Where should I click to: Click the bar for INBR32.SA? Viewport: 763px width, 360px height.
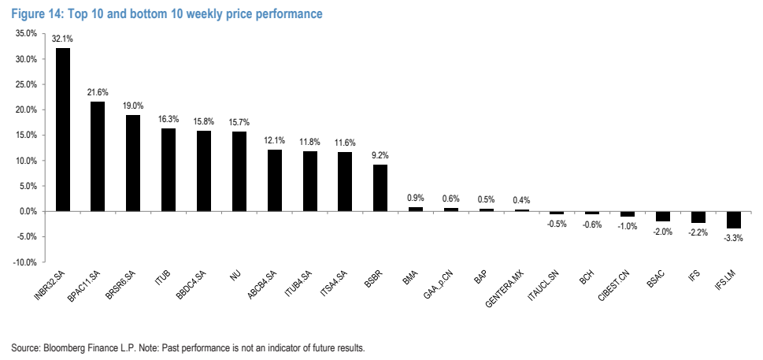(x=63, y=129)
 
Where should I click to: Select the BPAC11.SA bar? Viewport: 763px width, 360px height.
(x=98, y=156)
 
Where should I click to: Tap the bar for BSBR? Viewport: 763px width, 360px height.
(x=380, y=187)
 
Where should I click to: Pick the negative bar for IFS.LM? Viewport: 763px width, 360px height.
(x=733, y=220)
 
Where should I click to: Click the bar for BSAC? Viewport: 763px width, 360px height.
(x=663, y=217)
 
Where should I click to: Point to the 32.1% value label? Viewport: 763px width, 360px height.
(x=63, y=39)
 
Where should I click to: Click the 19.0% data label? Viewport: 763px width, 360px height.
(x=133, y=106)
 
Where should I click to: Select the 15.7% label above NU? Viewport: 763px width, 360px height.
(x=239, y=122)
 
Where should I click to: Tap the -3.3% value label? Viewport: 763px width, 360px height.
(x=733, y=239)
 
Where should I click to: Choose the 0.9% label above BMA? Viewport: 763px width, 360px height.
(x=416, y=198)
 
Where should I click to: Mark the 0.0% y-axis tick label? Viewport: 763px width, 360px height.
(x=28, y=212)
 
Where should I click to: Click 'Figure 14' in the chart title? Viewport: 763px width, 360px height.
(x=37, y=13)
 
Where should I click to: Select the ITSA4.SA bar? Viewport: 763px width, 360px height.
(x=345, y=182)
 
